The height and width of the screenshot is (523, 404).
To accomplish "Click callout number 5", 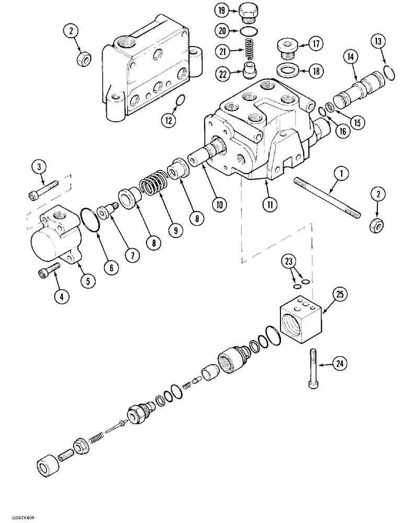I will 87,281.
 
